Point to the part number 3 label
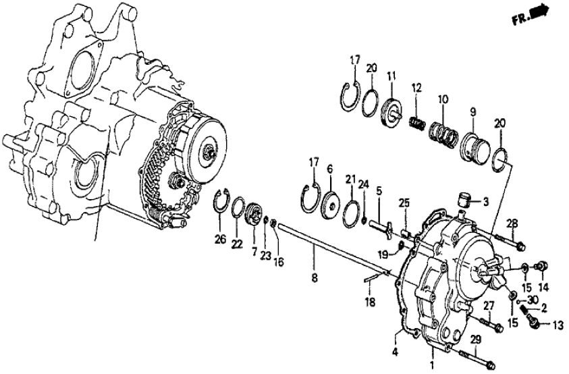pyautogui.click(x=485, y=202)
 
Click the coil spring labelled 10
pyautogui.click(x=442, y=125)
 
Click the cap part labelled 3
pyautogui.click(x=464, y=201)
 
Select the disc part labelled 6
pyautogui.click(x=330, y=203)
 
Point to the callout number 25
pyautogui.click(x=404, y=203)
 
